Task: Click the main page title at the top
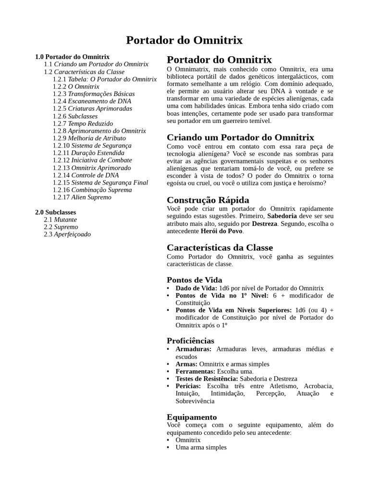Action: (x=184, y=40)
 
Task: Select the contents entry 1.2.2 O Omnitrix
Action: (x=76, y=86)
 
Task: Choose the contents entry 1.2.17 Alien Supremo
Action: (x=82, y=197)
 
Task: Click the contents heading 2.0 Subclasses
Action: (x=55, y=212)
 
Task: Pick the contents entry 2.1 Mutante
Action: (x=60, y=220)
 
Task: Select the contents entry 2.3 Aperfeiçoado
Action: (x=67, y=234)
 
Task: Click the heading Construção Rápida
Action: (x=208, y=200)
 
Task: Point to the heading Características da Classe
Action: (x=220, y=247)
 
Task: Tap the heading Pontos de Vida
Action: (x=194, y=280)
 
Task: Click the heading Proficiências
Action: (x=190, y=341)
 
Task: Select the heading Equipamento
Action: (x=192, y=417)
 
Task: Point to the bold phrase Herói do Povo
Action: (x=221, y=231)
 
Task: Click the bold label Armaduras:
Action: (x=193, y=349)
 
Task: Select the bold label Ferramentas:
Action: (x=196, y=371)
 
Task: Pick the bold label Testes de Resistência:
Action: (x=207, y=379)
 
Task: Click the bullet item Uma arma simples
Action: (x=201, y=447)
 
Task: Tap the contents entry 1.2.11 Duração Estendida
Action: (x=88, y=153)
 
